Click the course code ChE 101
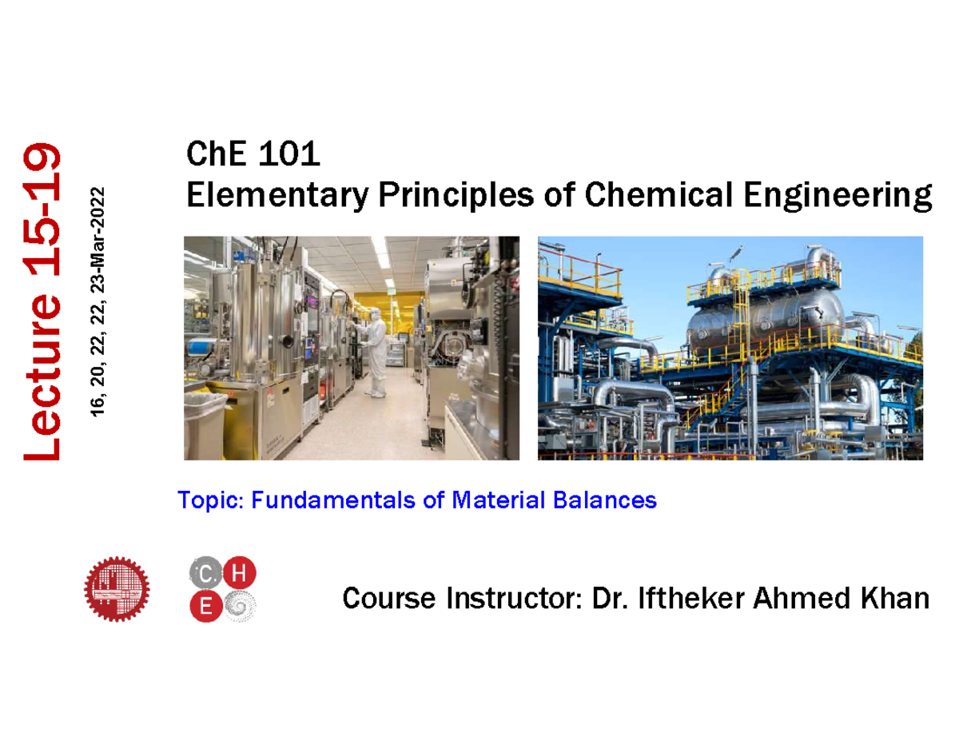coord(253,154)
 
